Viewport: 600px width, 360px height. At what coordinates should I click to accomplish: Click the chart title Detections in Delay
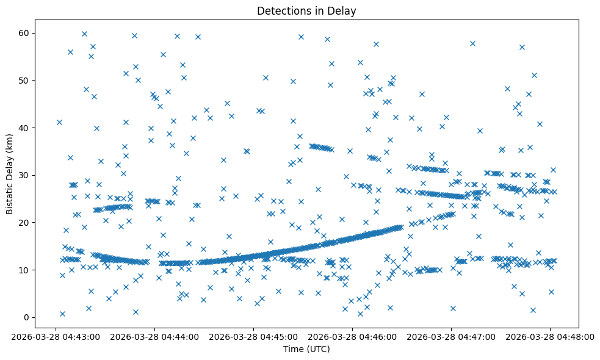click(x=306, y=11)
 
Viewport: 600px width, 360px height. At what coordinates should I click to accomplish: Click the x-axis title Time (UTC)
click(x=306, y=349)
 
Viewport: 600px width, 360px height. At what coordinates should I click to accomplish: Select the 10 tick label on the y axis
click(x=25, y=270)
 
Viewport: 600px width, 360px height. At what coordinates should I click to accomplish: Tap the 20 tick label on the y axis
click(x=25, y=223)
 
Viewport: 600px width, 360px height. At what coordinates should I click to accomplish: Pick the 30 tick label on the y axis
click(x=25, y=175)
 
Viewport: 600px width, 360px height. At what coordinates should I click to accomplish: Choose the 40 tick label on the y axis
click(x=25, y=128)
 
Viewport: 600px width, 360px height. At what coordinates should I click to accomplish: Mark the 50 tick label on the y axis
click(x=25, y=81)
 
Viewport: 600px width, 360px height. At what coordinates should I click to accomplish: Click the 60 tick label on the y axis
click(x=25, y=33)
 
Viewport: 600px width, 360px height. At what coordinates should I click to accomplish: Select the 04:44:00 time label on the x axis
click(x=154, y=336)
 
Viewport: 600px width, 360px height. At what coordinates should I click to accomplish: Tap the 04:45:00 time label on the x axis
click(x=253, y=336)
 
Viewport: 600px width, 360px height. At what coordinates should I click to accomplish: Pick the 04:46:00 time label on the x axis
click(x=352, y=336)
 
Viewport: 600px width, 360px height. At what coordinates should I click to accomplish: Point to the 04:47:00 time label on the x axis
click(x=451, y=336)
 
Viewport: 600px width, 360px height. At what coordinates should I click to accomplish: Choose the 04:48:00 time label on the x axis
click(x=550, y=336)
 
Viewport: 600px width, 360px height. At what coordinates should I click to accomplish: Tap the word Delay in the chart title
click(x=344, y=11)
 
